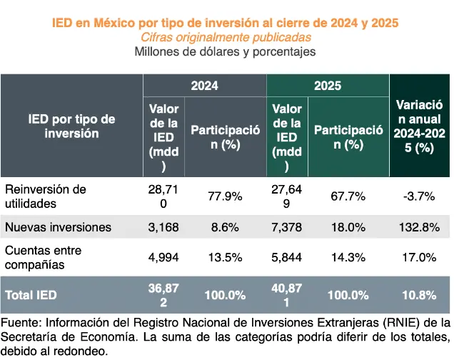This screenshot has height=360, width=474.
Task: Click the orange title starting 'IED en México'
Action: tap(226, 23)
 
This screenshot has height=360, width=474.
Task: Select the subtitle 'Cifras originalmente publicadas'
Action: tap(226, 37)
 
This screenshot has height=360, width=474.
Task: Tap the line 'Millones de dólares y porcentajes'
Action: tap(226, 51)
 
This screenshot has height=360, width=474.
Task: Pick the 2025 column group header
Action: tap(328, 86)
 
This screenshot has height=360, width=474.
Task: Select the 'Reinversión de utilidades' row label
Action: tap(46, 196)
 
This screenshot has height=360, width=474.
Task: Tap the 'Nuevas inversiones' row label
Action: tap(58, 227)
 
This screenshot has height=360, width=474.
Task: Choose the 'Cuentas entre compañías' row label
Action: tap(44, 257)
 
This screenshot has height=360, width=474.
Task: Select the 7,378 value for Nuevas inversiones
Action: tap(287, 227)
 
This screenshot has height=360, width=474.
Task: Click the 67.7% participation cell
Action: tap(348, 196)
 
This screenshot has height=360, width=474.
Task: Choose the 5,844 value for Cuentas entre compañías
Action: tap(287, 257)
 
